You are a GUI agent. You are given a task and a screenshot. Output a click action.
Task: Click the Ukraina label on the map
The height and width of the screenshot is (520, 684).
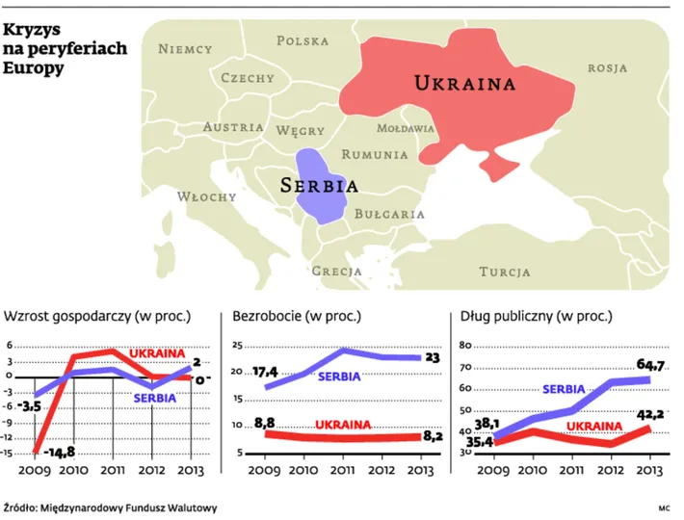pos(464,83)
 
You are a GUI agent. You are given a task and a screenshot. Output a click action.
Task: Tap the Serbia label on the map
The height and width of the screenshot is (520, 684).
pos(319,185)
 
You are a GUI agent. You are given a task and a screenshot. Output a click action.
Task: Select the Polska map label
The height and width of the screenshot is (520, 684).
pos(303,40)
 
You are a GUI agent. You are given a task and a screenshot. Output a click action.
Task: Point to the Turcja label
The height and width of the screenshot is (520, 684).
pos(505,272)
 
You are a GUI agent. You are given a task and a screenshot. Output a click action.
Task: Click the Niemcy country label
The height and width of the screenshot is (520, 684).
pos(185,48)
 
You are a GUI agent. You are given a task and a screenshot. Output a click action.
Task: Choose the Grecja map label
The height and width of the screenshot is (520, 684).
pos(336,272)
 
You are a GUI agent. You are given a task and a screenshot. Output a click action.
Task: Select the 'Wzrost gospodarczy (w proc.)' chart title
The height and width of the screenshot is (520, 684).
pos(97,315)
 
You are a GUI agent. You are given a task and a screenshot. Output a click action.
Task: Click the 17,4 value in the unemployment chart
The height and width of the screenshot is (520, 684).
pos(261,371)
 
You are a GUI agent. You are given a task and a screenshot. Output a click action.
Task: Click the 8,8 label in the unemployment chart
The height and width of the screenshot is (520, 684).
pos(263,421)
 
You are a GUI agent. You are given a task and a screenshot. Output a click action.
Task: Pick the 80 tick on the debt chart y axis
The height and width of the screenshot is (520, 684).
pos(462,345)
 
